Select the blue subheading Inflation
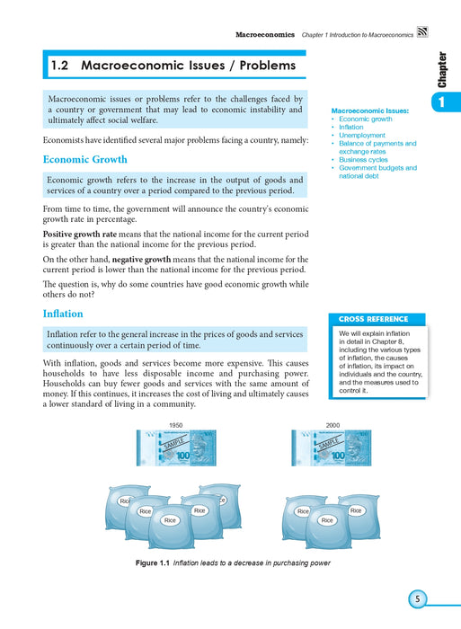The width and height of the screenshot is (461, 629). (x=63, y=314)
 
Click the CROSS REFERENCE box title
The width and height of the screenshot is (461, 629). (x=373, y=319)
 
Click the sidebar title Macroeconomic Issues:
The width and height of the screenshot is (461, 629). (x=370, y=111)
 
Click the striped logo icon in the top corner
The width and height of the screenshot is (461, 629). (x=422, y=32)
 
